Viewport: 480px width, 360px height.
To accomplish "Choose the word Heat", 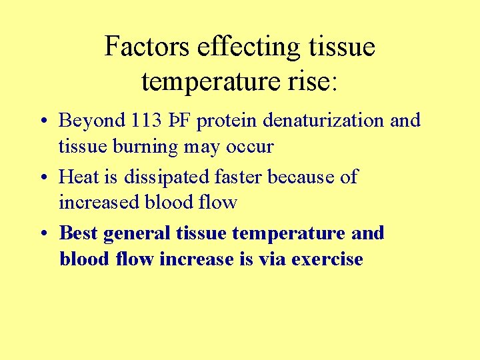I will click(x=79, y=177).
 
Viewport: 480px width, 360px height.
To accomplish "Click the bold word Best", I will click(x=78, y=233).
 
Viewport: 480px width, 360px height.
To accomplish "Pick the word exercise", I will click(x=327, y=259).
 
